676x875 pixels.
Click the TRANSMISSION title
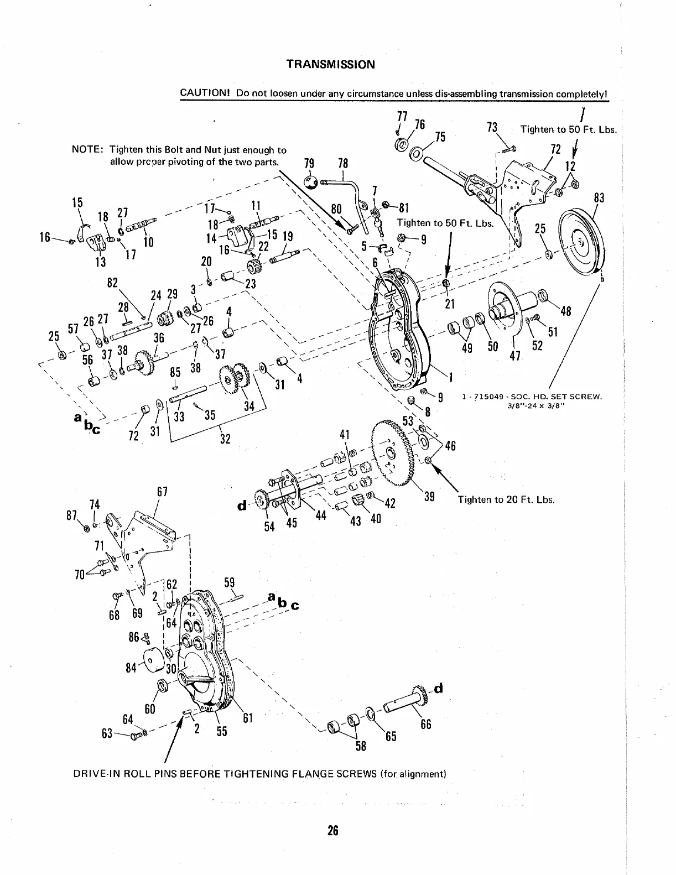click(x=330, y=64)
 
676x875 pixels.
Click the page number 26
click(x=332, y=831)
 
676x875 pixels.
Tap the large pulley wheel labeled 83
click(x=579, y=240)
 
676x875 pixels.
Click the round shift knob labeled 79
click(x=311, y=182)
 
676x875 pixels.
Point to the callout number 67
click(x=162, y=492)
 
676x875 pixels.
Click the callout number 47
click(x=516, y=355)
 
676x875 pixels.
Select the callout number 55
click(x=221, y=731)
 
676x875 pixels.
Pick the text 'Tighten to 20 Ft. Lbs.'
click(x=506, y=499)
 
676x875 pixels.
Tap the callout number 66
click(x=425, y=724)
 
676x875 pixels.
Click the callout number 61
click(x=247, y=718)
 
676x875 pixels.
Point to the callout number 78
click(x=343, y=163)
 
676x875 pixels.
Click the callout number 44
click(x=320, y=515)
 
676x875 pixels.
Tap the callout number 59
click(x=230, y=582)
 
